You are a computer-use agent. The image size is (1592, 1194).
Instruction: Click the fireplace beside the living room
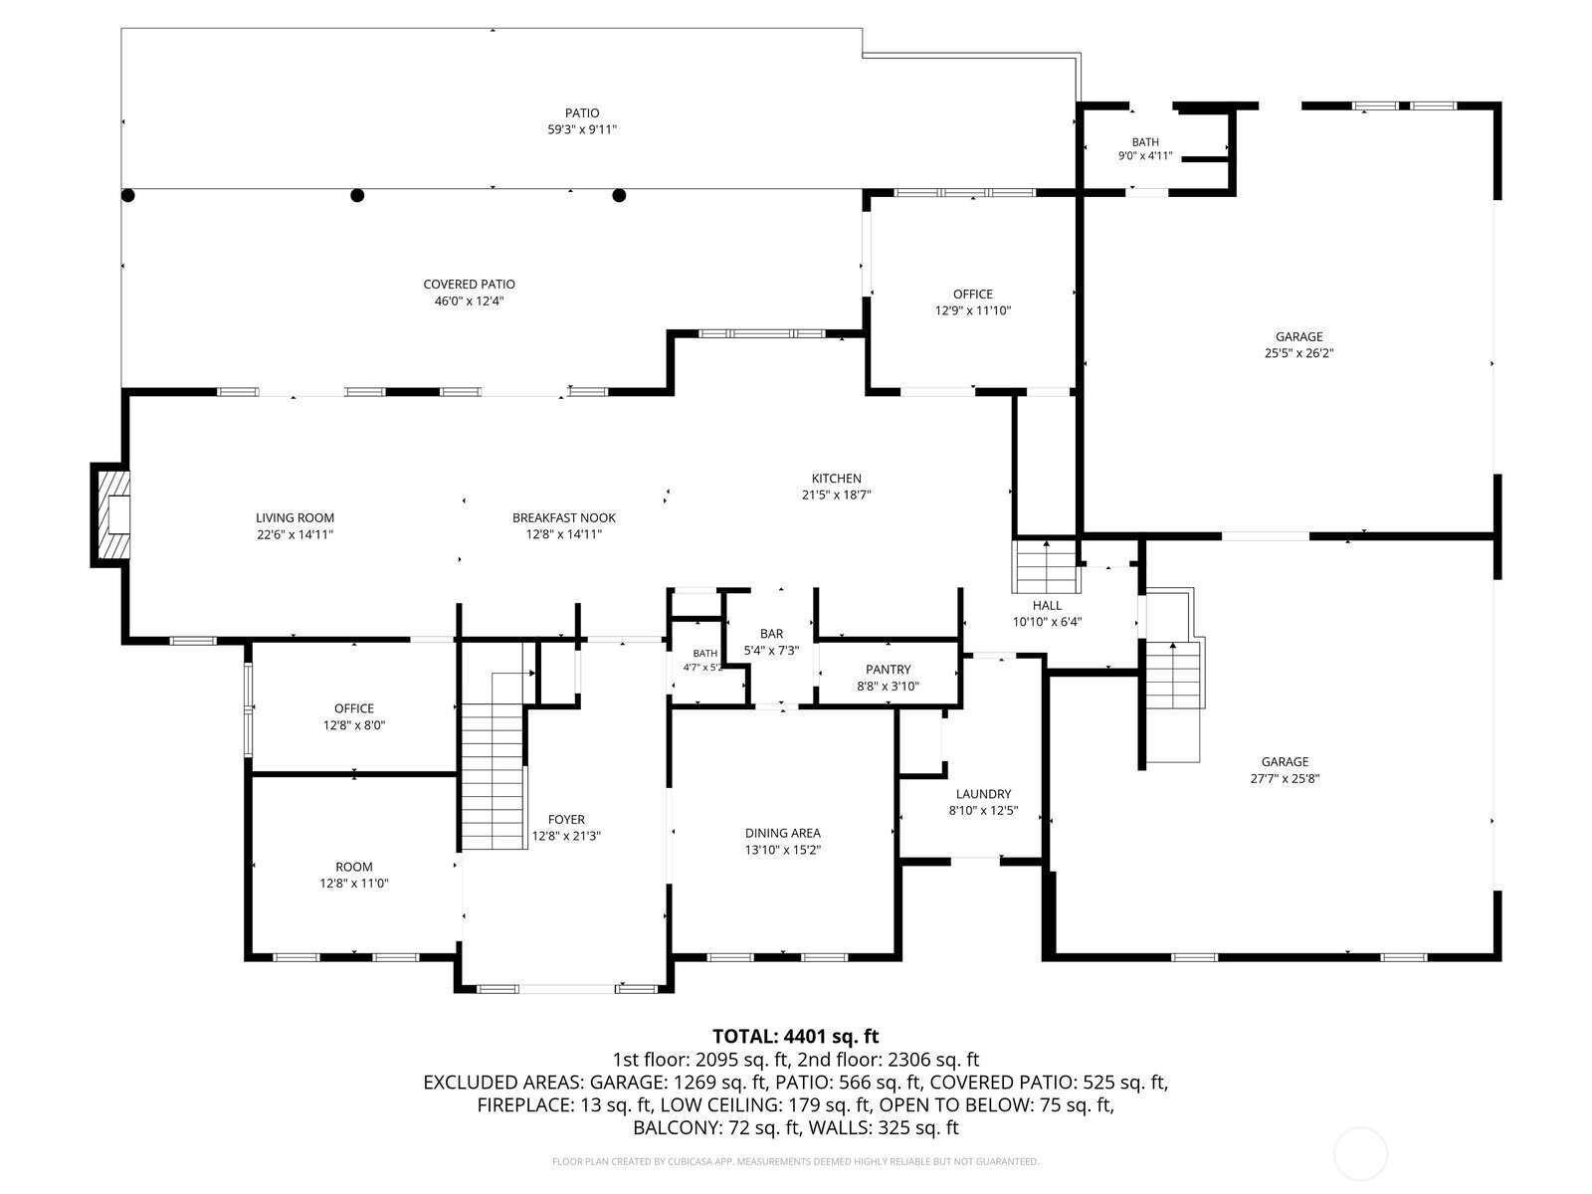pos(110,514)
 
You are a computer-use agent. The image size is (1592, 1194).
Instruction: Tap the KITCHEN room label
pos(836,479)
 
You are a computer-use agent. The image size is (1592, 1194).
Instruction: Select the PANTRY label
pos(888,669)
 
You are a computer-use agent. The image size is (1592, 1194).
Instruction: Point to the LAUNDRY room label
pos(983,794)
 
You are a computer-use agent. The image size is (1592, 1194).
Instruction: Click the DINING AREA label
pos(783,833)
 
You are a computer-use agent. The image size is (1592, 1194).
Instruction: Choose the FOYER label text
pos(566,819)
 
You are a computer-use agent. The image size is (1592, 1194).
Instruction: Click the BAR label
pos(772,634)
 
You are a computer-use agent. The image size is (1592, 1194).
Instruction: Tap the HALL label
pos(1047,605)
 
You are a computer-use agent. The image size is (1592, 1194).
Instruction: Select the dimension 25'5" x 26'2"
pos(1299,354)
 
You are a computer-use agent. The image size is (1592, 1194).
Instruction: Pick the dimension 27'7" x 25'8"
pos(1285,779)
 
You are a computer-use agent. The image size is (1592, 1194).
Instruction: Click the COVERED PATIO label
pos(470,285)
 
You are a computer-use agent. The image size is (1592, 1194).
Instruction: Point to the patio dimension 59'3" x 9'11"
pos(582,129)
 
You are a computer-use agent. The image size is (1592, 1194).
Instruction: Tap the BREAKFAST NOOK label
pos(563,517)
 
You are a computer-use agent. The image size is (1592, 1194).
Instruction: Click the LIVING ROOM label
pos(295,517)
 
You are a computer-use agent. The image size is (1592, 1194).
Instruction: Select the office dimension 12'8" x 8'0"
pos(354,725)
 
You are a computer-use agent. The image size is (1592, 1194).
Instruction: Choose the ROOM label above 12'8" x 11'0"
pos(354,867)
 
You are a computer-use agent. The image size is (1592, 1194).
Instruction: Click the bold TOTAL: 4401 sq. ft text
pos(795,1037)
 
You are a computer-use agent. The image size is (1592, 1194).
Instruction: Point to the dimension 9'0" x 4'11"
pos(1145,156)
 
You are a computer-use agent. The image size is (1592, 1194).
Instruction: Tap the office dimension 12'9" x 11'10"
pos(972,311)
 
